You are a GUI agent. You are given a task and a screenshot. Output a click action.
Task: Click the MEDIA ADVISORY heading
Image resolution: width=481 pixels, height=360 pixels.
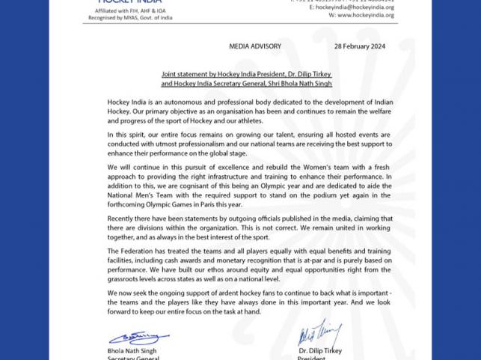(255, 46)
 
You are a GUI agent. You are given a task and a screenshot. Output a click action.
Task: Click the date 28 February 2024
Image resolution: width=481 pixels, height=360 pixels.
(359, 46)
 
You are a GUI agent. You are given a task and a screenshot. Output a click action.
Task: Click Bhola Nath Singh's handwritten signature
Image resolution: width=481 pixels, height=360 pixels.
(139, 338)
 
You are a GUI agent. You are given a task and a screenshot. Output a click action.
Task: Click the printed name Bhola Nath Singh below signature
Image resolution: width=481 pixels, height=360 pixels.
(131, 350)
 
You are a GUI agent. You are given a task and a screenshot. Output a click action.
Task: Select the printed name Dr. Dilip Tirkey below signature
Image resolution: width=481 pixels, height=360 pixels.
(320, 350)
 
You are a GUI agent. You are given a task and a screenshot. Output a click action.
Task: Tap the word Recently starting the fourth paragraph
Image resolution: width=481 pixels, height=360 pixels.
(123, 218)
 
